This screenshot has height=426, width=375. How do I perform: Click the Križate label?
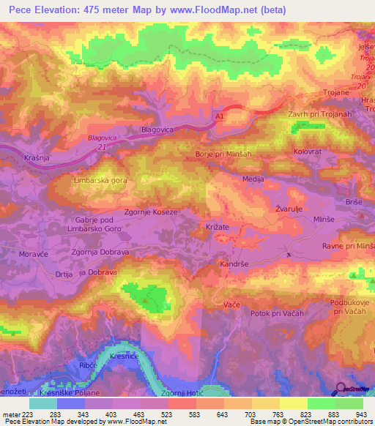click(x=217, y=228)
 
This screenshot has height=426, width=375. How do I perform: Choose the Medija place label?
click(x=253, y=179)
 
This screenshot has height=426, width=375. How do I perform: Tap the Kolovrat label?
click(x=308, y=151)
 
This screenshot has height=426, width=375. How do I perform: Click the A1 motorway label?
click(x=220, y=116)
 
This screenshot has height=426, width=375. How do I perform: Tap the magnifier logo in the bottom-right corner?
click(x=340, y=388)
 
